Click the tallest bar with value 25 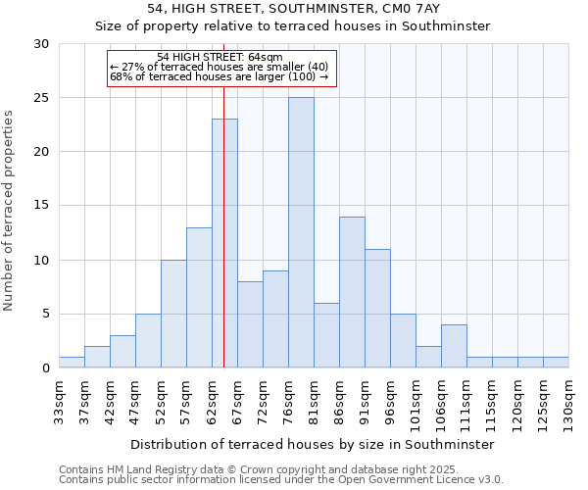tap(301, 232)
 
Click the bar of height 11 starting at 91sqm tap(377, 308)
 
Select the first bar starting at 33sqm tap(72, 363)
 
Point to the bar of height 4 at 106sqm tap(454, 346)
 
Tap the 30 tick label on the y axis tap(41, 44)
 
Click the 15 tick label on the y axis tap(41, 206)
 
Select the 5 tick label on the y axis tap(45, 315)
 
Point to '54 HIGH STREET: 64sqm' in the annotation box tap(220, 58)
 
